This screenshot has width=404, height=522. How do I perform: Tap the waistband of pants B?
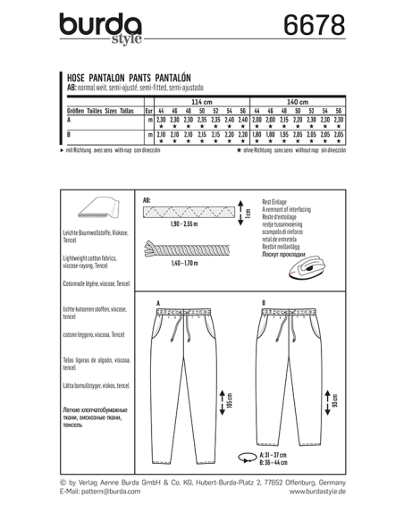[x=290, y=314]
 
